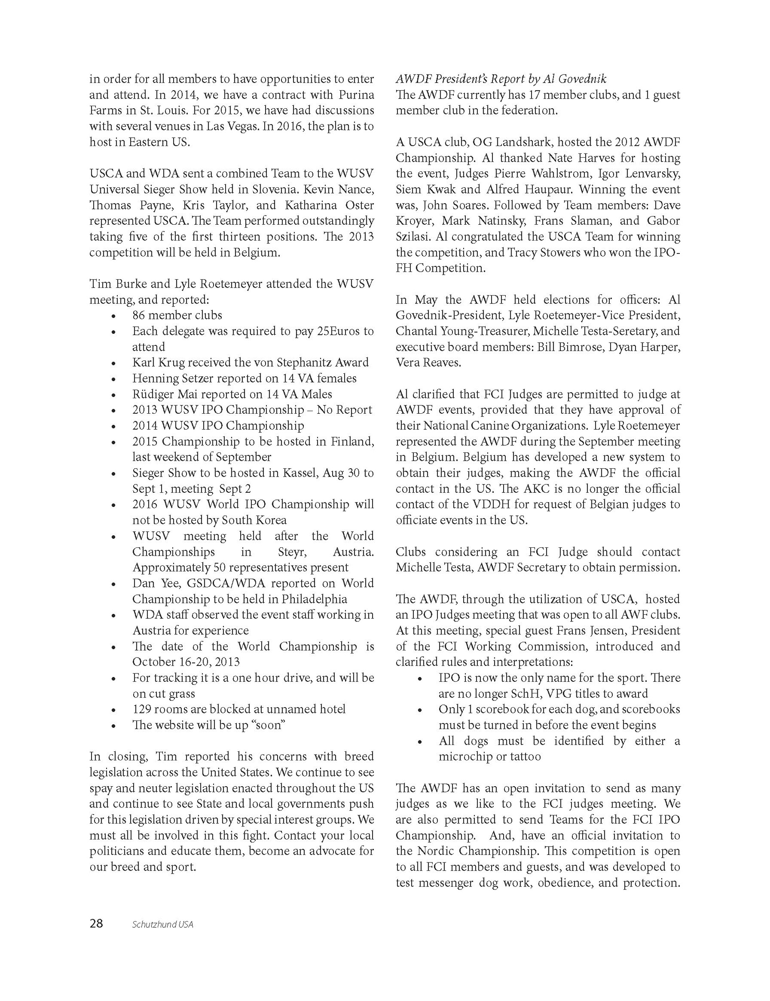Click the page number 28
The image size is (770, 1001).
tap(96, 924)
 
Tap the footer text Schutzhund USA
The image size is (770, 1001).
tap(163, 924)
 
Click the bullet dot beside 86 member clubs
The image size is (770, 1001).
tap(113, 316)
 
